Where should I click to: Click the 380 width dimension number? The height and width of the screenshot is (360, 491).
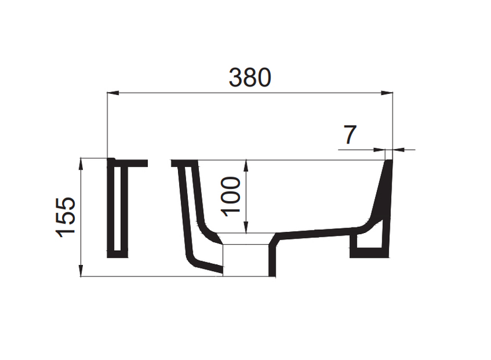(x=250, y=77)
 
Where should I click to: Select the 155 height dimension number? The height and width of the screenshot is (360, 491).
(x=65, y=216)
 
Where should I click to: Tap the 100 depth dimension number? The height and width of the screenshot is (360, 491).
(x=231, y=196)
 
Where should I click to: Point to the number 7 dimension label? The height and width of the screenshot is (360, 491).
(x=349, y=135)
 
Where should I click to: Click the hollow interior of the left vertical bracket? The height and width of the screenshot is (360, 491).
(x=118, y=209)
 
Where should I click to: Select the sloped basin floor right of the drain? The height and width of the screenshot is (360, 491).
(x=313, y=235)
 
